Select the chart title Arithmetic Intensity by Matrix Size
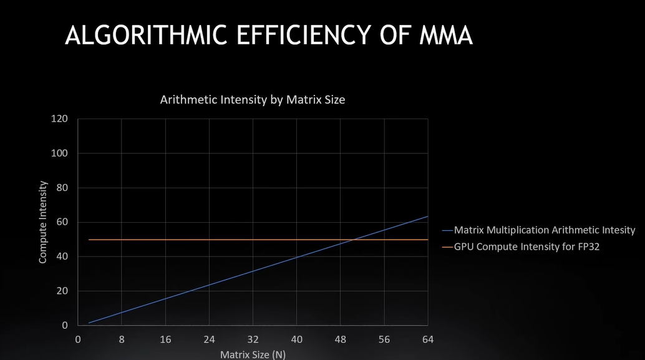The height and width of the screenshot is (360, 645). pos(253,99)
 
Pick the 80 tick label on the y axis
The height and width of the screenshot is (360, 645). pos(62,188)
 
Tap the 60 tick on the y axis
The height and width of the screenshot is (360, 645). pos(62,222)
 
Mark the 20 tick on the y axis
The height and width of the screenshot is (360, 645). pos(62,291)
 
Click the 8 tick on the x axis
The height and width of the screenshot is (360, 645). pos(122,339)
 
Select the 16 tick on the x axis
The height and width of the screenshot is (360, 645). pos(165,339)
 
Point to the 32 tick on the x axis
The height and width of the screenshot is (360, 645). pos(253,339)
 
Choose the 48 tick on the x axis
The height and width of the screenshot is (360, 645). pos(340,339)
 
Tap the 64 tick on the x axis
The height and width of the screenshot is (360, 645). pos(427,339)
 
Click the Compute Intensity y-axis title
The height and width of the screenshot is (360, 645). pos(43,222)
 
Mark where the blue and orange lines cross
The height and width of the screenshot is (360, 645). pos(354,240)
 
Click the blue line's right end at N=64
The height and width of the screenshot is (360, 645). pos(427,216)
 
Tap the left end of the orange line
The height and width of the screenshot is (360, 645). pos(89,240)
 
